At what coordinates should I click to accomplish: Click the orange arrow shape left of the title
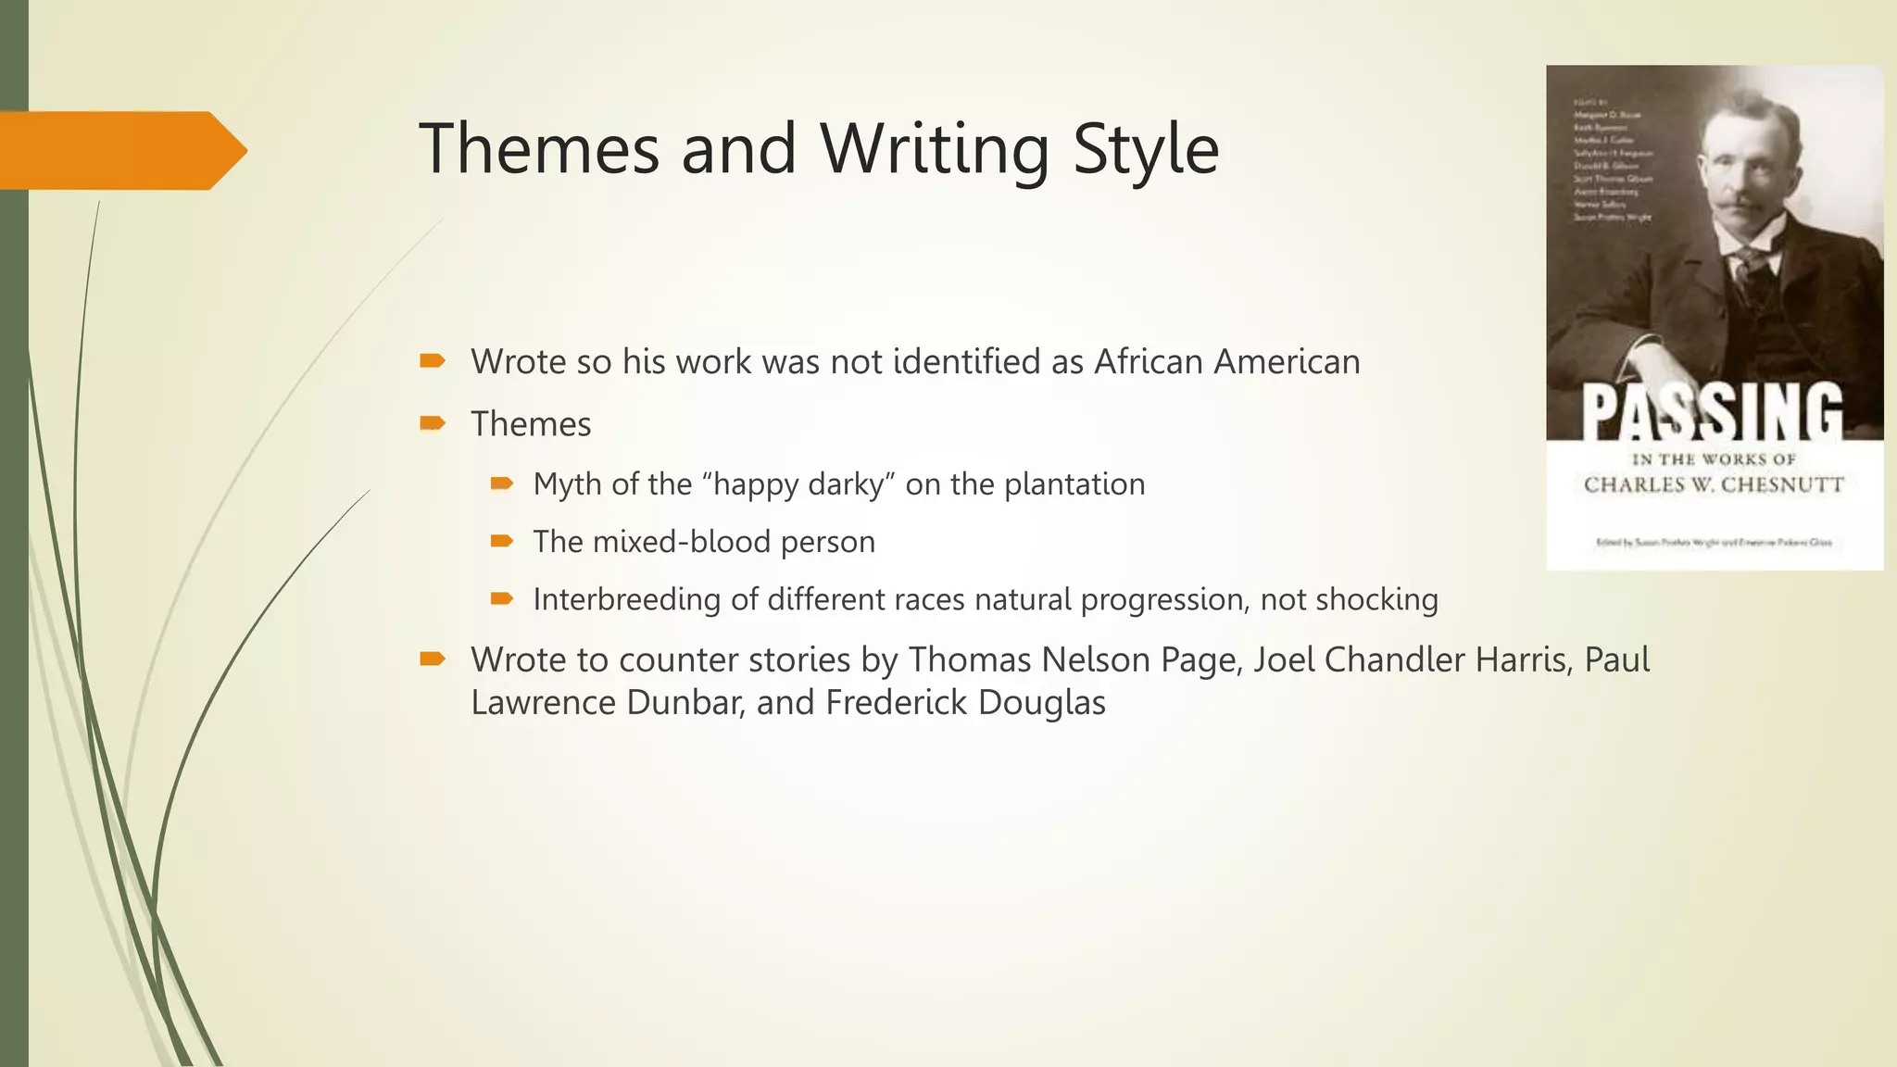click(120, 150)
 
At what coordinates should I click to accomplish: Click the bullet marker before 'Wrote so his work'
click(432, 360)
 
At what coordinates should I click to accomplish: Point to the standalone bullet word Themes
click(530, 424)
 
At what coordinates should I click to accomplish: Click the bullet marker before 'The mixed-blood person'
click(501, 541)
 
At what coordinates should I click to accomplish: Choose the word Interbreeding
click(626, 599)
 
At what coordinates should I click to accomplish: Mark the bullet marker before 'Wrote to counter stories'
click(432, 659)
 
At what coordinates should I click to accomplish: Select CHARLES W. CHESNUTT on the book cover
click(1714, 484)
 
